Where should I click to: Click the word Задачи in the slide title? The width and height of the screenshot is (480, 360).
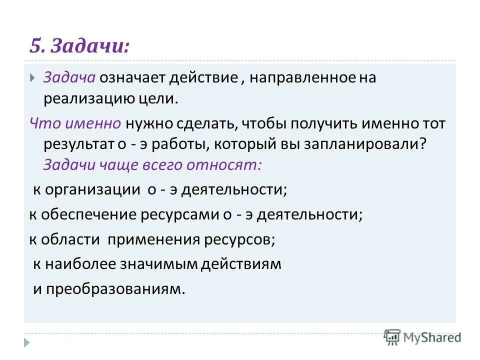point(89,46)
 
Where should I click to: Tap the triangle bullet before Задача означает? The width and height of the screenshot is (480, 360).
point(32,78)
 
